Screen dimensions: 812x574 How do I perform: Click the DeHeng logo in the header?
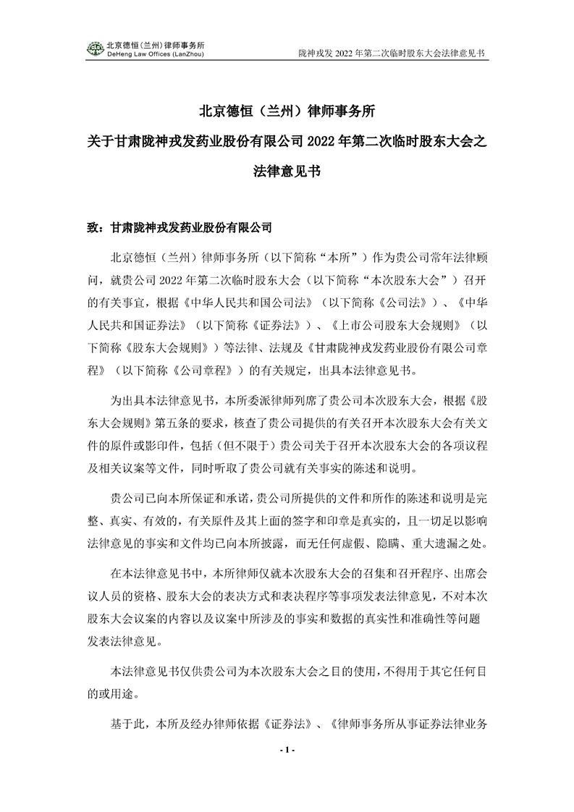(x=94, y=48)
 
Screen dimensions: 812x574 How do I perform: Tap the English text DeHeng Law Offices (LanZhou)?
(x=155, y=54)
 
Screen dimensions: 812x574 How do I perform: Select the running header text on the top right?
(x=391, y=54)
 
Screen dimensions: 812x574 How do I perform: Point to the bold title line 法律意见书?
(x=287, y=172)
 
